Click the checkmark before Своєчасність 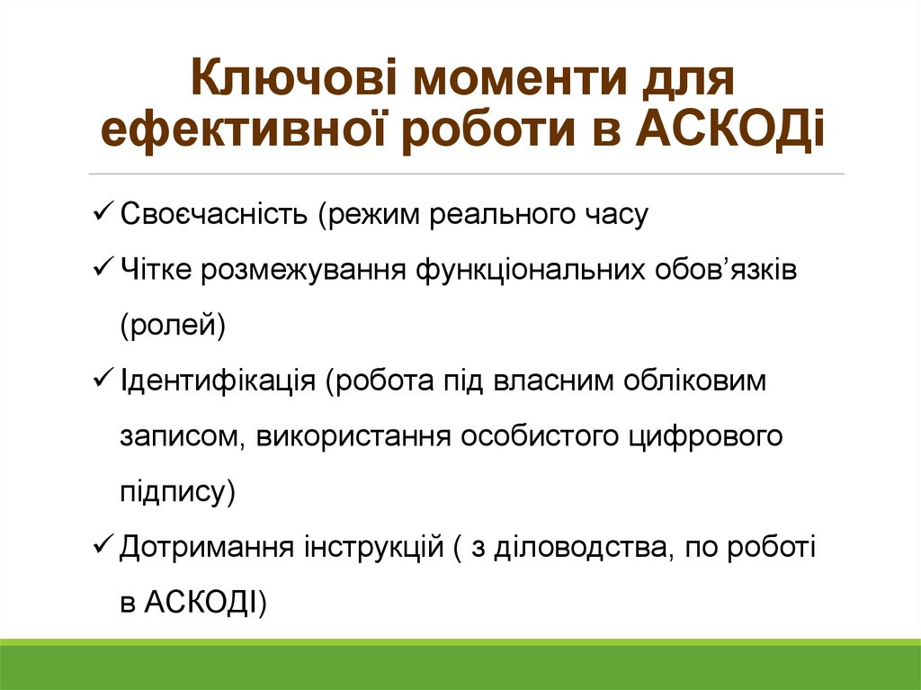click(x=102, y=215)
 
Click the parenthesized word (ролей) click(x=173, y=325)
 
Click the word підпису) click(x=177, y=491)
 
